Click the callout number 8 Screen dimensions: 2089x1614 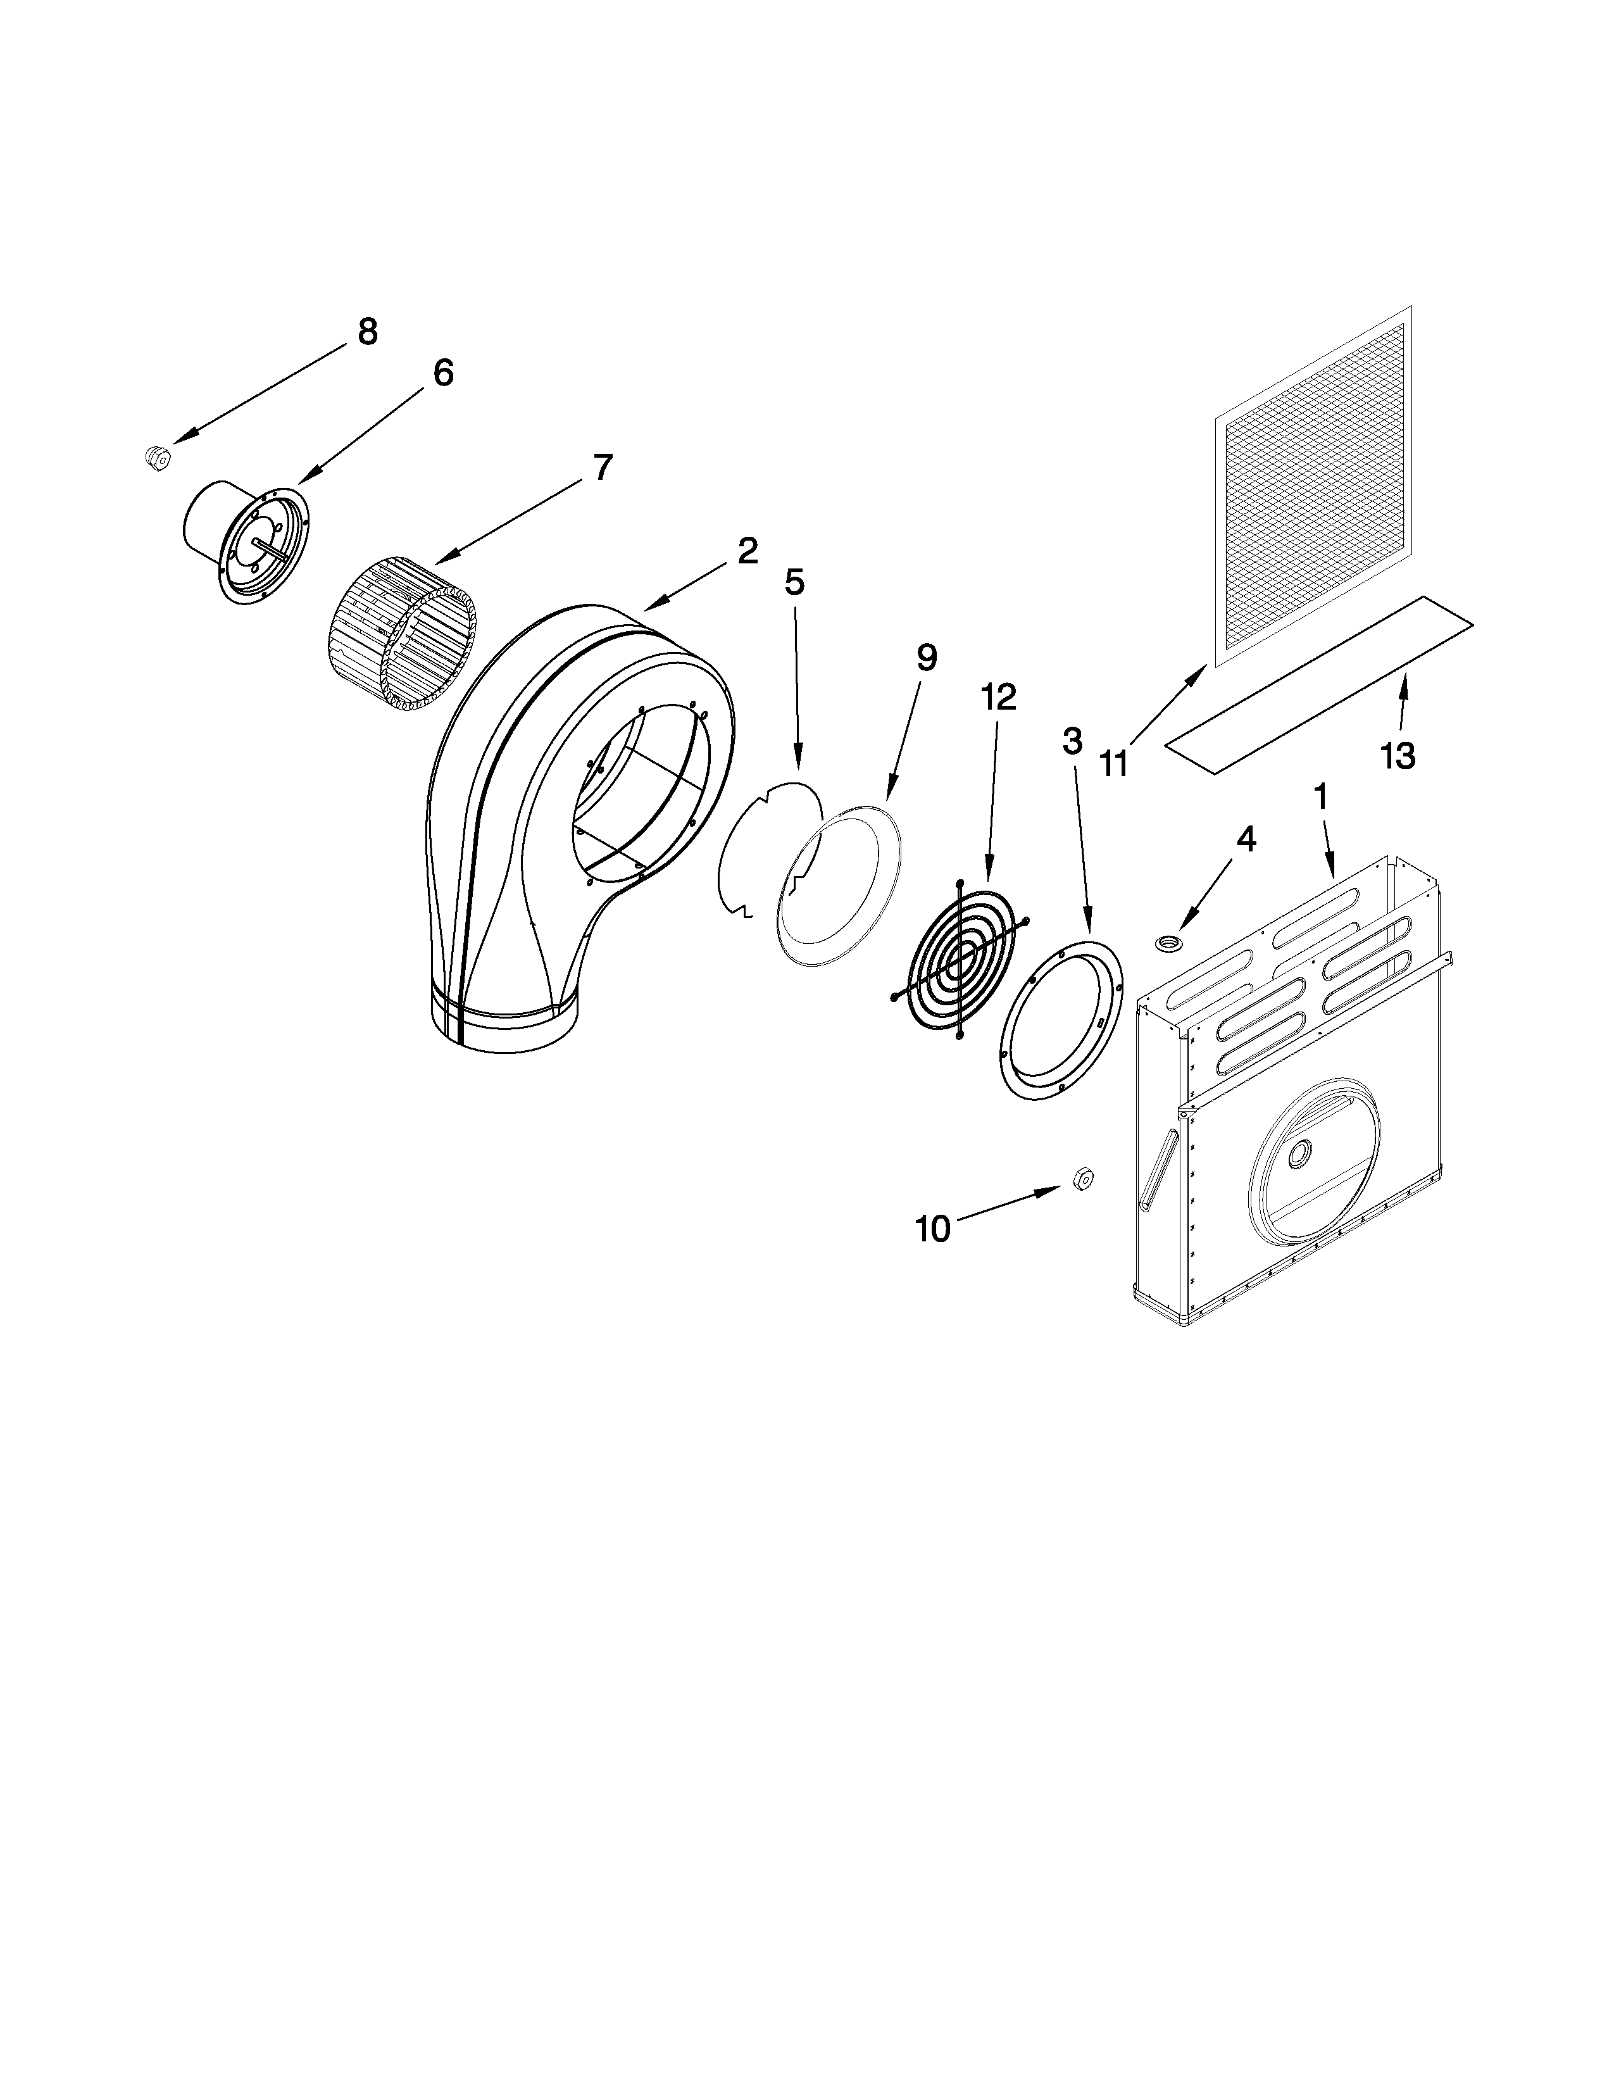pos(367,332)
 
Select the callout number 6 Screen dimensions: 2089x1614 pos(442,373)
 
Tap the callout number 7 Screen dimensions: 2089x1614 pos(601,468)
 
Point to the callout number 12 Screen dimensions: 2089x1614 pos(998,696)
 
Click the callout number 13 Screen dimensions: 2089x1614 pos(1397,756)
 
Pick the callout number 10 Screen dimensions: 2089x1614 pos(933,1229)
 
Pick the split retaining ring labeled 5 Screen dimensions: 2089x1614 pos(765,851)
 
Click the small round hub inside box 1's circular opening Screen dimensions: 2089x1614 pos(1301,1155)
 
